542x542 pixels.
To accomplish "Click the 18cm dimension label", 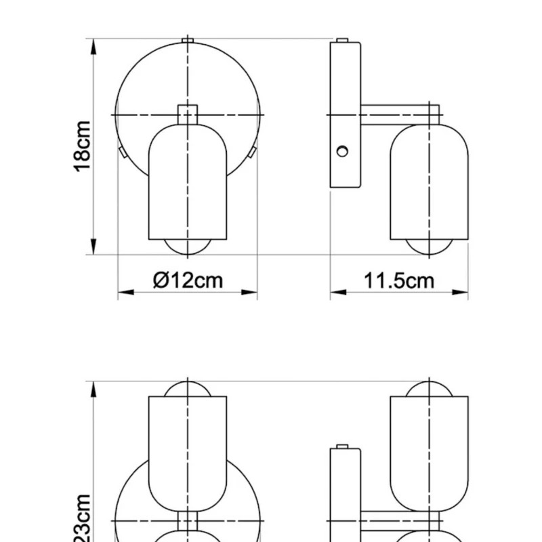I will pos(82,146).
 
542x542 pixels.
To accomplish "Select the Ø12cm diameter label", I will pos(188,279).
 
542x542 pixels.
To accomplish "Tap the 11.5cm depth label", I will pos(399,279).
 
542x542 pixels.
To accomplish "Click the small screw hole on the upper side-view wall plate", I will pos(343,150).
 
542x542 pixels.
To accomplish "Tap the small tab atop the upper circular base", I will pos(188,40).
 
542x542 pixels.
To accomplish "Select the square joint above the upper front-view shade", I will pos(188,114).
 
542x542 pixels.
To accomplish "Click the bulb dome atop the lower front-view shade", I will pos(188,388).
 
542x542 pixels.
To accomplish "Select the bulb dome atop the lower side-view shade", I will pos(430,388).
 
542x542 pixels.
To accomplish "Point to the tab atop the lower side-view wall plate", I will pos(343,446).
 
